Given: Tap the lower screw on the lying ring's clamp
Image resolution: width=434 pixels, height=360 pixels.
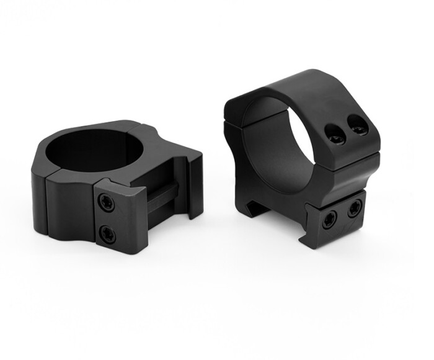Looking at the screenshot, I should point(107,233).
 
